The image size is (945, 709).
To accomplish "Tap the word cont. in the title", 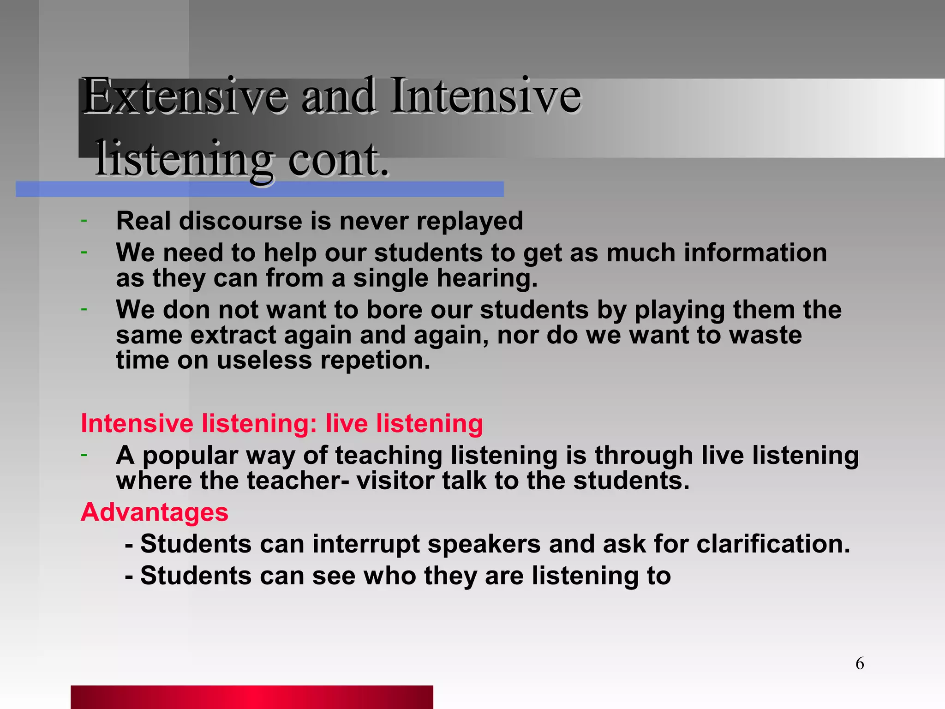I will point(339,159).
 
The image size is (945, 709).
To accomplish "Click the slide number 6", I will point(860,663).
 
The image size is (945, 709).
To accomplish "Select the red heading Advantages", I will point(155,512).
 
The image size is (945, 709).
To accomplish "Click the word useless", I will point(264,361).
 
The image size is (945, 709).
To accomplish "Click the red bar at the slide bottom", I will point(252,697).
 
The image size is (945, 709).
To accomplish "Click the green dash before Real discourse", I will point(84,221).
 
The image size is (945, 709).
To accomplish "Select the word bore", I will point(394,310).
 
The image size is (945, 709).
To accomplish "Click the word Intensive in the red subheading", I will point(137,424).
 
